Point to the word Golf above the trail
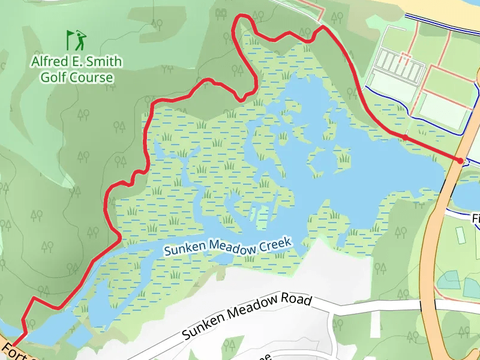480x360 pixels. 53,77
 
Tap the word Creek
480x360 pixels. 275,244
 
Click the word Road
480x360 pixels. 298,299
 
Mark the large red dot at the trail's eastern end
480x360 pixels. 460,160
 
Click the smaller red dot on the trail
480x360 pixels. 406,138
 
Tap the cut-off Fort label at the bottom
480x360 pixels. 15,352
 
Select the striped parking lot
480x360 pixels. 398,65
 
